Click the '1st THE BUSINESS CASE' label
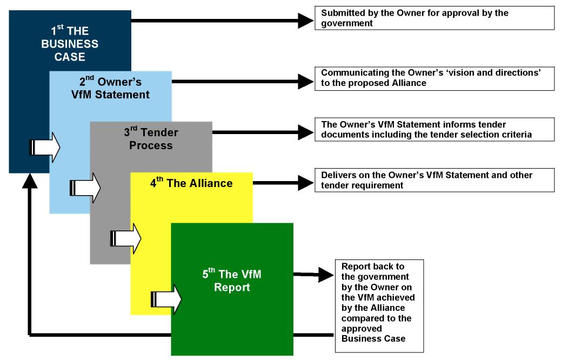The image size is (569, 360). click(x=70, y=44)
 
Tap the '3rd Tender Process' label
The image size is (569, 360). click(x=151, y=139)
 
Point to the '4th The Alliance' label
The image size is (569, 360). click(x=191, y=183)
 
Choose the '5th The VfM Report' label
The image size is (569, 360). click(x=232, y=281)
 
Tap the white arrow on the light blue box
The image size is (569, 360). click(x=85, y=188)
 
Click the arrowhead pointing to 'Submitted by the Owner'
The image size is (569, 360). click(x=305, y=21)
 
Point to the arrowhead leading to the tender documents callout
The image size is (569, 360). click(x=305, y=131)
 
